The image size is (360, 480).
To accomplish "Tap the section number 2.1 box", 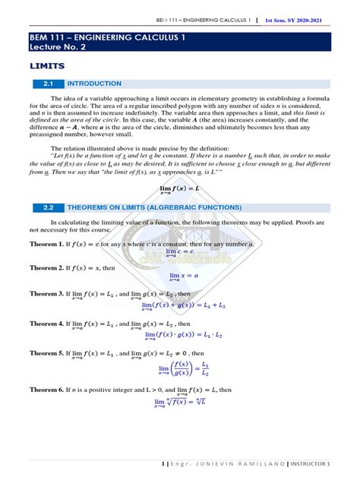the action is click(x=46, y=84).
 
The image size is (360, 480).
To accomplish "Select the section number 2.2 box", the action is click(x=46, y=206).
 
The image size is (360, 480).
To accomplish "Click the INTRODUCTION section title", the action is click(x=94, y=84).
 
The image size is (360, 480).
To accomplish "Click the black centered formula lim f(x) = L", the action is click(x=179, y=187).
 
